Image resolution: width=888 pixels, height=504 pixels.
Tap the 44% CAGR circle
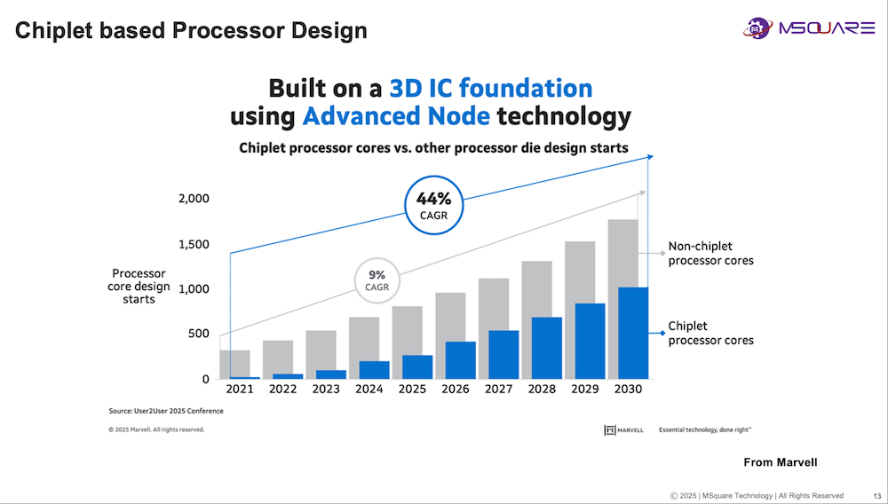pyautogui.click(x=434, y=207)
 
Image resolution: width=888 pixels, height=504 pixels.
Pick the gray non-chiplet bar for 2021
pyautogui.click(x=235, y=362)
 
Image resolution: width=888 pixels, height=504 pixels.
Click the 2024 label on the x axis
pyautogui.click(x=369, y=390)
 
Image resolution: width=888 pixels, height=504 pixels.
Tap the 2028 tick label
pyautogui.click(x=543, y=390)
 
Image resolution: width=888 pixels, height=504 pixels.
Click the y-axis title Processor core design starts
pyautogui.click(x=140, y=287)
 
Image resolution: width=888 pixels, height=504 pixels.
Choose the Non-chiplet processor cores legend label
pyautogui.click(x=710, y=254)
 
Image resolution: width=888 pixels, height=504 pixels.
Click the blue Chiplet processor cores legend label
pyautogui.click(x=710, y=334)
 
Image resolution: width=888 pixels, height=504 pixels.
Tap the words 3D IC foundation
pyautogui.click(x=490, y=89)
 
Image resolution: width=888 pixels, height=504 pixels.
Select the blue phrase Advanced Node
pyautogui.click(x=396, y=116)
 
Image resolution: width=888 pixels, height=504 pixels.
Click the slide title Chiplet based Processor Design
pyautogui.click(x=192, y=31)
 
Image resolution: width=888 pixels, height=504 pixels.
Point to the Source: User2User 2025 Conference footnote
pyautogui.click(x=166, y=411)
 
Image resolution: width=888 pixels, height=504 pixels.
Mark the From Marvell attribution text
pyautogui.click(x=780, y=462)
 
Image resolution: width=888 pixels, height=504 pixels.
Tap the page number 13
pyautogui.click(x=876, y=495)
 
